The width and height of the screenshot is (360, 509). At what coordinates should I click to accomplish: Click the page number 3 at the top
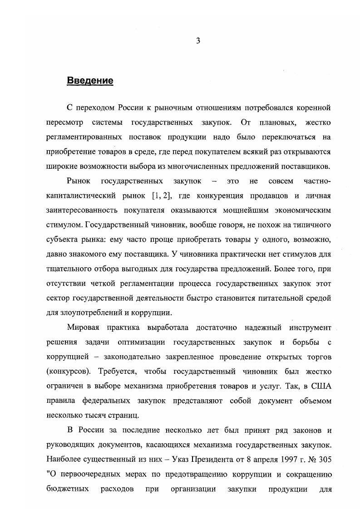click(x=198, y=41)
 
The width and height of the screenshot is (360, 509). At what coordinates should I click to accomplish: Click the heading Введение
click(x=90, y=81)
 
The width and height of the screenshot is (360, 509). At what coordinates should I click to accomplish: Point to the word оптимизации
click(x=143, y=342)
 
